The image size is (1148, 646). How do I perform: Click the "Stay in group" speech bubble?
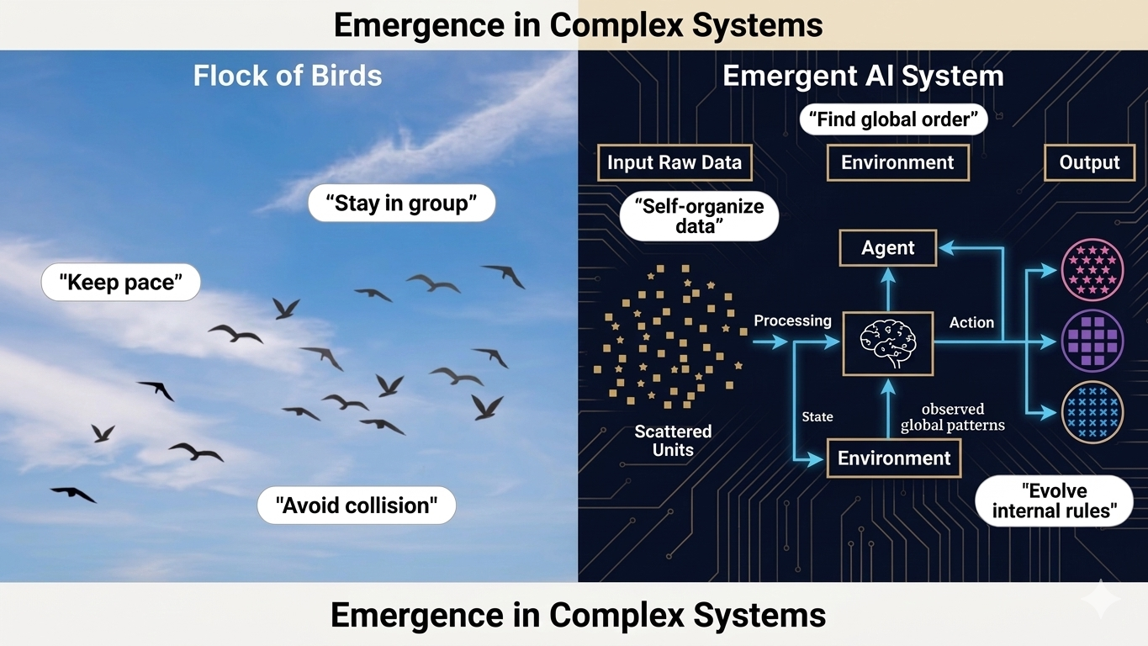tap(401, 204)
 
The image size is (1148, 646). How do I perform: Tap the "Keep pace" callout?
tap(121, 283)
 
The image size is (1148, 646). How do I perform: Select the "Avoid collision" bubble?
tap(357, 506)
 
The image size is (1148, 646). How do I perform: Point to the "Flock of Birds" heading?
tap(288, 76)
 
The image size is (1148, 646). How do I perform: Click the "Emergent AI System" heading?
tap(863, 76)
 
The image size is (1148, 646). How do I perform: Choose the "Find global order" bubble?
tap(893, 119)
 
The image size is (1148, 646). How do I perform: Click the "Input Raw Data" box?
tap(675, 162)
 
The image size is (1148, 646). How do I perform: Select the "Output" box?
tap(1089, 162)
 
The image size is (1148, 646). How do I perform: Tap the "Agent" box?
tap(888, 248)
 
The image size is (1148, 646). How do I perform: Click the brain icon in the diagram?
tap(888, 342)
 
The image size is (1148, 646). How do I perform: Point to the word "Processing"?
tap(792, 320)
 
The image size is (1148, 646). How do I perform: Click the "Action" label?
tap(971, 322)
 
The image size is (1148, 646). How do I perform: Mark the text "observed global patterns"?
tap(952, 417)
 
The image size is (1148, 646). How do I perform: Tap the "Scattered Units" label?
tap(673, 441)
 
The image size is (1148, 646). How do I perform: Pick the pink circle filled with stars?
tap(1092, 269)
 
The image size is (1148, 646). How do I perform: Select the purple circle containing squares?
tap(1092, 341)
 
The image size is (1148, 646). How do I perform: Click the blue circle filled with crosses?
tap(1092, 412)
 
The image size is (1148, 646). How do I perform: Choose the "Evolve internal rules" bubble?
tap(1054, 500)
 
